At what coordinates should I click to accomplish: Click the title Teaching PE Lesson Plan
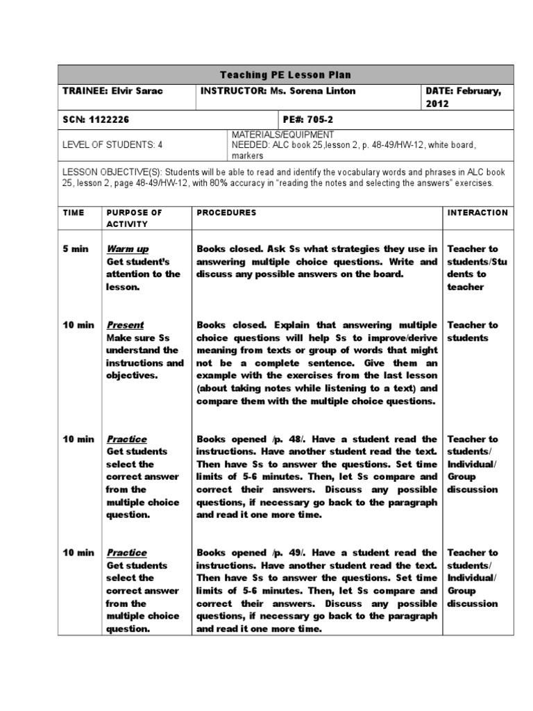pyautogui.click(x=285, y=74)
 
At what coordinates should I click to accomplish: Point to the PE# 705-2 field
pyautogui.click(x=310, y=119)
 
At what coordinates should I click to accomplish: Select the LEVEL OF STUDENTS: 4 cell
pyautogui.click(x=112, y=145)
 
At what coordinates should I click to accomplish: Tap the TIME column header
pyautogui.click(x=74, y=212)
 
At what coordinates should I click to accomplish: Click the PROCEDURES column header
pyautogui.click(x=226, y=212)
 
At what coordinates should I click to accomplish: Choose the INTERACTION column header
pyautogui.click(x=477, y=212)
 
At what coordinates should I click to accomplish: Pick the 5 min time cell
pyautogui.click(x=76, y=249)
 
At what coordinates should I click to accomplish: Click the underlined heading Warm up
pyautogui.click(x=127, y=249)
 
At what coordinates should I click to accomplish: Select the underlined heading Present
pyautogui.click(x=125, y=325)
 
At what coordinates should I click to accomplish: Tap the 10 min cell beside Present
pyautogui.click(x=78, y=325)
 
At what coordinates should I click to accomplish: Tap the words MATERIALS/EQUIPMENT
pyautogui.click(x=282, y=134)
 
